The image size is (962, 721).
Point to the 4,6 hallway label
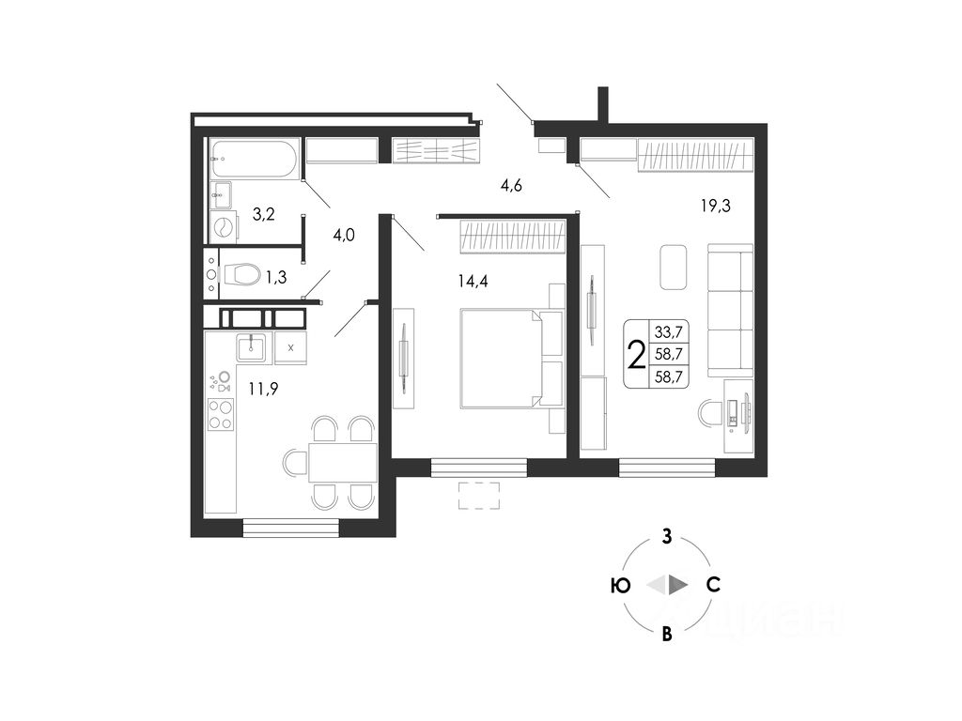click(511, 186)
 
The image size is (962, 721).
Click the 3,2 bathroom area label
click(263, 214)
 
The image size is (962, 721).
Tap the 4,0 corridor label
click(344, 236)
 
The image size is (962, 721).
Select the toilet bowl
click(242, 274)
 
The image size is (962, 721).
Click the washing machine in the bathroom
click(225, 226)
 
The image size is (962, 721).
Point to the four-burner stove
click(221, 414)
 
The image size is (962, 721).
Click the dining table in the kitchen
click(343, 462)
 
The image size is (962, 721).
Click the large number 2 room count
click(636, 354)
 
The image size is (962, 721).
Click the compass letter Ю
click(620, 585)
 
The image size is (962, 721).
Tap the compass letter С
click(714, 585)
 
